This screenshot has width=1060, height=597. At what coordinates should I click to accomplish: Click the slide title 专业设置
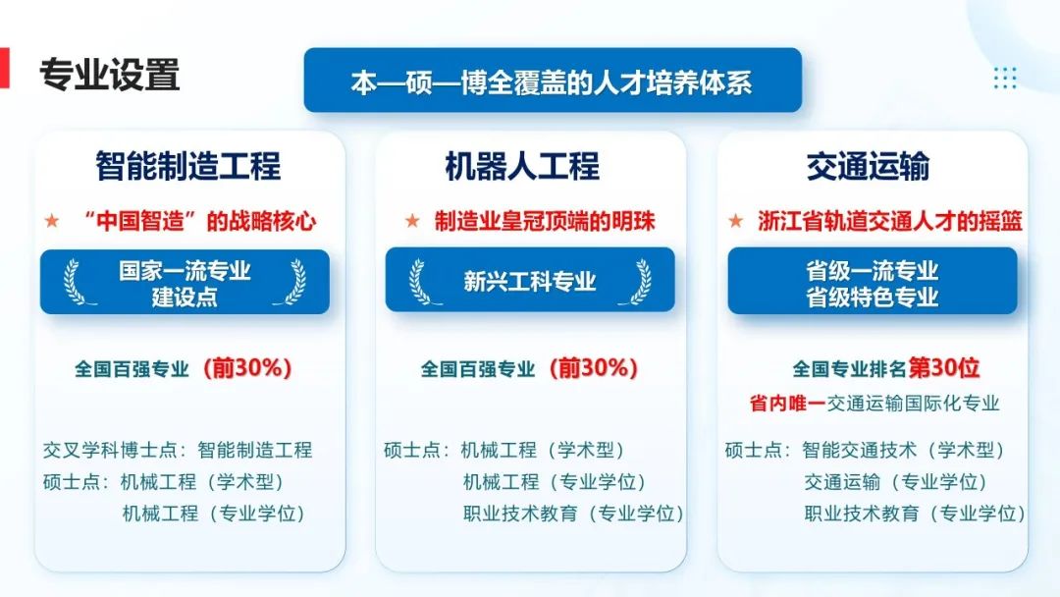pos(110,75)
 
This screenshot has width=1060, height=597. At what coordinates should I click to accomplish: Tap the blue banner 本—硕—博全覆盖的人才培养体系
pos(553,80)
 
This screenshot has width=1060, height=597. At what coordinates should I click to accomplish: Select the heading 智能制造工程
pos(187,166)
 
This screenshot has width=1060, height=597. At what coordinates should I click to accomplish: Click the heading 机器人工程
pos(522,166)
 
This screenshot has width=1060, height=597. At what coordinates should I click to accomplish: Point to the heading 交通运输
pos(868,166)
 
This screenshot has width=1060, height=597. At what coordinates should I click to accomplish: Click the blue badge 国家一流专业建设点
pos(185,282)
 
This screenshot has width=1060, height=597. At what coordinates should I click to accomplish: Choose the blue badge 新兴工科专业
pos(530,280)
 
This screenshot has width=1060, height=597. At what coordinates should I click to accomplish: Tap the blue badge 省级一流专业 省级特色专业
pos(873,281)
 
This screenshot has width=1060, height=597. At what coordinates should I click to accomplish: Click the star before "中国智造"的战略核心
pos(51,220)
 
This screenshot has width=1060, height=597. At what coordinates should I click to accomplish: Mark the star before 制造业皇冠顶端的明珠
pos(412,220)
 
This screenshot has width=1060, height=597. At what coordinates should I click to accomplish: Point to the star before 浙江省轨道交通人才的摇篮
pos(735,220)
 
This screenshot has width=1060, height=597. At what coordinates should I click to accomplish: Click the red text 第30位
pos(944,368)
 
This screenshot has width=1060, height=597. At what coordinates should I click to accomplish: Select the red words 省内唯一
pos(787,404)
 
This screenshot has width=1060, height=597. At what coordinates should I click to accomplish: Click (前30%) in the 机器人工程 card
pos(594,368)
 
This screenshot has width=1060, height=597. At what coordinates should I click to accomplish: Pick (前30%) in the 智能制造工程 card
pos(247,368)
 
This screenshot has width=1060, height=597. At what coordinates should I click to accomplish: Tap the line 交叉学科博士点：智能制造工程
pos(178,450)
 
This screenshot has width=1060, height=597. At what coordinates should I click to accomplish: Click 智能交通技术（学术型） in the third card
pos(903,450)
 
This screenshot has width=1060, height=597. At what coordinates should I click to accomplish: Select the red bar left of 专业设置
pos(5,68)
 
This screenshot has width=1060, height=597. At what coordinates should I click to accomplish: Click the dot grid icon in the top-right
pos(1005,78)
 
